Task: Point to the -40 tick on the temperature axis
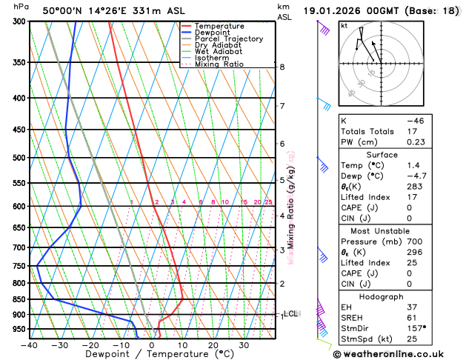coord(30,345)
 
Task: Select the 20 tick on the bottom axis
coord(213,345)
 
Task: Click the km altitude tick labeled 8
coord(282,67)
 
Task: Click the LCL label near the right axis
coord(291,314)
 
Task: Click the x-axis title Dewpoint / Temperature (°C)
coord(152,355)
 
